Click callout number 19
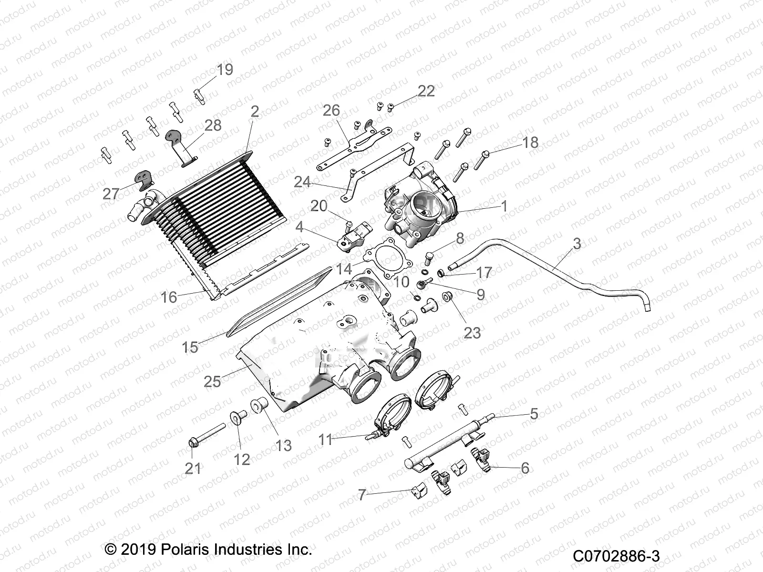[225, 70]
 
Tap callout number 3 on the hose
[577, 244]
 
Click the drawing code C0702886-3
[616, 556]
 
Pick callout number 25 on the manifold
[212, 381]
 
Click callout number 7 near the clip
[362, 495]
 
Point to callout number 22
[426, 91]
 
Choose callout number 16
[169, 297]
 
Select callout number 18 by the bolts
[530, 142]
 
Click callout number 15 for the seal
[190, 347]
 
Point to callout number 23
[472, 332]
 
